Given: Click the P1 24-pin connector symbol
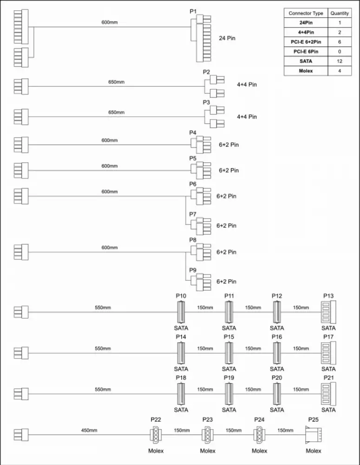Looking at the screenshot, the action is (201, 38).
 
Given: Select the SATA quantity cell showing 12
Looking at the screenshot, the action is (340, 61).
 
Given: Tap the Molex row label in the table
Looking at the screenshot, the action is (306, 71).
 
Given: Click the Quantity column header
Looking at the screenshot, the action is (340, 13).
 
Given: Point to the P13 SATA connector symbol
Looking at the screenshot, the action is (328, 312).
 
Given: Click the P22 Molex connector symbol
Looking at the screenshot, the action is (156, 435).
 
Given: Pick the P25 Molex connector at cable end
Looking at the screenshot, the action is (314, 435).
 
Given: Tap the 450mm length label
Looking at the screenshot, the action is (89, 430).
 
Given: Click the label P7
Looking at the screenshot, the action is (193, 214).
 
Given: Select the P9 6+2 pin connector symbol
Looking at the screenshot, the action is (201, 282).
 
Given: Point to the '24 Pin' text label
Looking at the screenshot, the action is (227, 38).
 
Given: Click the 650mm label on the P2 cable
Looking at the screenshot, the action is (116, 82).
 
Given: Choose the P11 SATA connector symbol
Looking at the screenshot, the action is (229, 312).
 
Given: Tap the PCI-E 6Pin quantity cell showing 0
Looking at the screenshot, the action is (340, 51).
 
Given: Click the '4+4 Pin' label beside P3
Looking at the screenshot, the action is (247, 117).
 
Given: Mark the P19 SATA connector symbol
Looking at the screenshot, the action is (229, 394).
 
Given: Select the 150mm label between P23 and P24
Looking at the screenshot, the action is (234, 430).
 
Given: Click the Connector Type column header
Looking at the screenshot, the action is (306, 13).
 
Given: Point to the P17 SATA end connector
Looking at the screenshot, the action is (328, 353).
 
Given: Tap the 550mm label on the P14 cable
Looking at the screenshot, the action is (103, 348).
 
